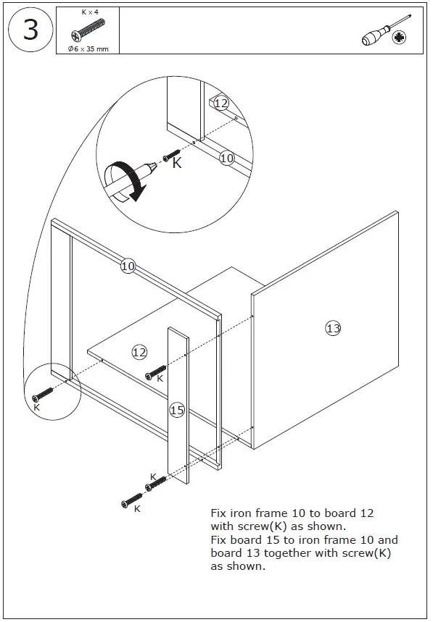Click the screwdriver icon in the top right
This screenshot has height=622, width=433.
384,32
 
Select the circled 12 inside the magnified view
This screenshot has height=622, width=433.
221,104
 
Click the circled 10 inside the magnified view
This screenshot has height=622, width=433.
227,157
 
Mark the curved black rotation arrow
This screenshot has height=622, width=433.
123,181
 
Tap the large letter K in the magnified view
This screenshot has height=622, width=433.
177,164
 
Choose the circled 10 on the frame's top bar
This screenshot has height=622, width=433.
128,266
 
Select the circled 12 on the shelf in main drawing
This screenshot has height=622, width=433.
139,352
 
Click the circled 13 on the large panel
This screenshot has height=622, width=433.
333,328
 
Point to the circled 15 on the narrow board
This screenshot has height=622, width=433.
177,410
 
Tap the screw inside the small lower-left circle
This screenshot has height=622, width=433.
43,395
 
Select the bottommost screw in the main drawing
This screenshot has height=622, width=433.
132,500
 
